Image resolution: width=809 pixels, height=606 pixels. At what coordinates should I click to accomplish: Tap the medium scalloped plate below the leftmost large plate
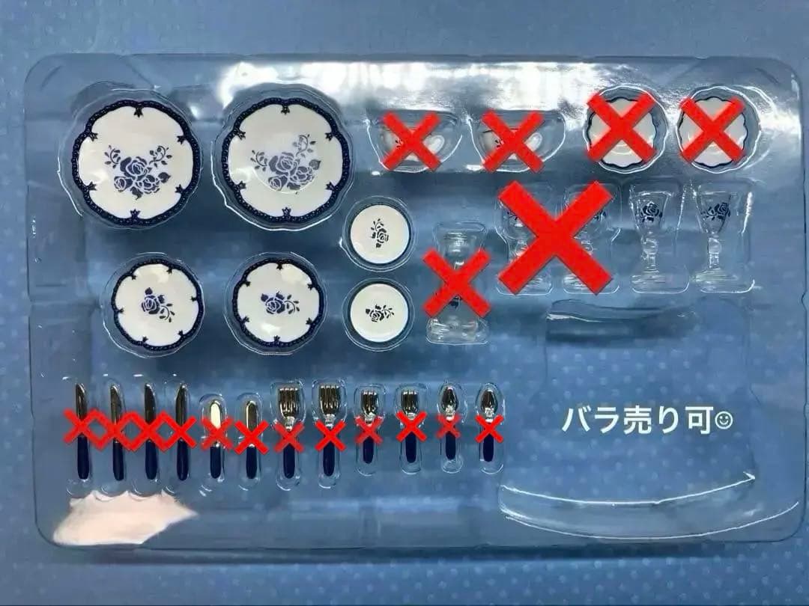coord(157,305)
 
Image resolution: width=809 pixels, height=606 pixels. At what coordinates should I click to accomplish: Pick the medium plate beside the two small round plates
coord(278,302)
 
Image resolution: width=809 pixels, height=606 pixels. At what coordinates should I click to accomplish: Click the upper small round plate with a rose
coord(380,234)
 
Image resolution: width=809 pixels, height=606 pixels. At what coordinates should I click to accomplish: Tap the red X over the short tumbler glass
coord(456,282)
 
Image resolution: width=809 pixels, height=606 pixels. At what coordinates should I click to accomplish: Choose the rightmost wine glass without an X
coord(715,236)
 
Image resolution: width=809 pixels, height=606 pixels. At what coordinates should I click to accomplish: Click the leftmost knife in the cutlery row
coord(82,431)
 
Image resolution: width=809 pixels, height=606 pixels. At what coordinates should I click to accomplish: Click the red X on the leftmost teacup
coord(410,141)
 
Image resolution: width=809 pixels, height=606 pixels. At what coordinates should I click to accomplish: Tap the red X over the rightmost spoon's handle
coord(489,428)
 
